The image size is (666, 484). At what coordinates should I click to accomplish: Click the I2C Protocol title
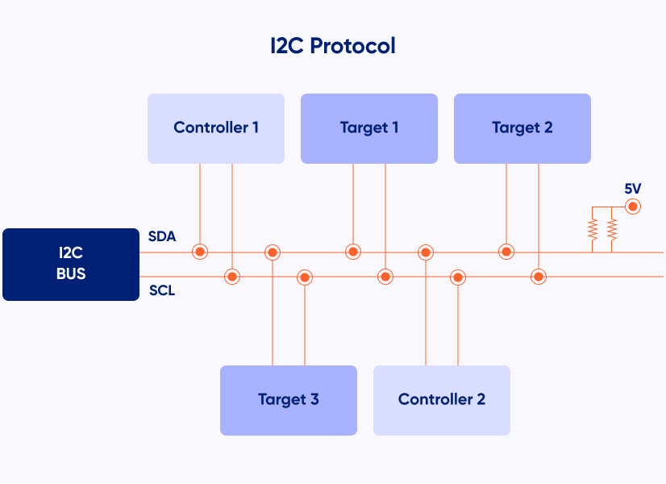pos(333,45)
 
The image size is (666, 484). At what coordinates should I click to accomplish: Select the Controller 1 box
pos(216,128)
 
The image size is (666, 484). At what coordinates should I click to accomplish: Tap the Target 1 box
pos(369,128)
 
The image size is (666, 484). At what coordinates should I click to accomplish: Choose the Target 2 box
pos(522,128)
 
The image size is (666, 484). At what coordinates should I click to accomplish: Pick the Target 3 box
pos(289,400)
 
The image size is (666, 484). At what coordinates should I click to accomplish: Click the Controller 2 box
pos(442,400)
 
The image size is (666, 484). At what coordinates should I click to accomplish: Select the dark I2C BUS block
pos(71,264)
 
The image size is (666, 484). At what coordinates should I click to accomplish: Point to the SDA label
pos(162,237)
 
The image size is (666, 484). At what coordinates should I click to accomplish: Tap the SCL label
pos(162,290)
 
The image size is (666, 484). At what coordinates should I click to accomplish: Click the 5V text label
pos(633,189)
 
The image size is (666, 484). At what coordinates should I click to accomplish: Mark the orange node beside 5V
pos(633,207)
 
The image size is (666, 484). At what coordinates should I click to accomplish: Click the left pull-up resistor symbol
pos(593,231)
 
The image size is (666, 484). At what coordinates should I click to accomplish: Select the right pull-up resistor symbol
pos(612,231)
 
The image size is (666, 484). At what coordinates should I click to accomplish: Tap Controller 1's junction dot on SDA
pos(200,252)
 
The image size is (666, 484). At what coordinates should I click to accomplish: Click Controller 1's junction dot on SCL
pos(232,277)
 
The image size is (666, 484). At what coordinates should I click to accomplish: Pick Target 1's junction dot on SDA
pos(353,252)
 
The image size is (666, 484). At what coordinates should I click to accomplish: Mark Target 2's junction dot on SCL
pos(539,277)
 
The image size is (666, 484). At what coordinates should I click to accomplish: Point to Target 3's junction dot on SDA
pos(273,252)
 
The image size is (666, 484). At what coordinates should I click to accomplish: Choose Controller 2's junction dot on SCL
pos(458,277)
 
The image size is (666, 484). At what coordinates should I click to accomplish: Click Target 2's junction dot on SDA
pos(506,252)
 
